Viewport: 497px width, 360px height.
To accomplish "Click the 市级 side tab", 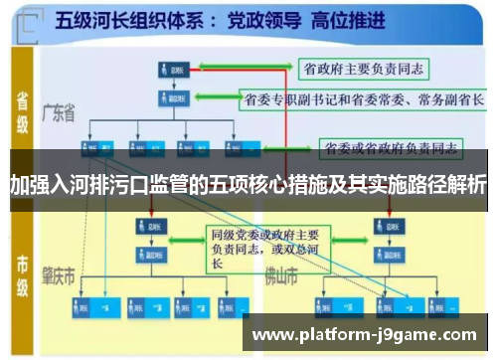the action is click(22, 270).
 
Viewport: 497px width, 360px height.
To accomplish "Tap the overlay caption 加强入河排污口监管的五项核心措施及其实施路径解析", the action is click(248, 183).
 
